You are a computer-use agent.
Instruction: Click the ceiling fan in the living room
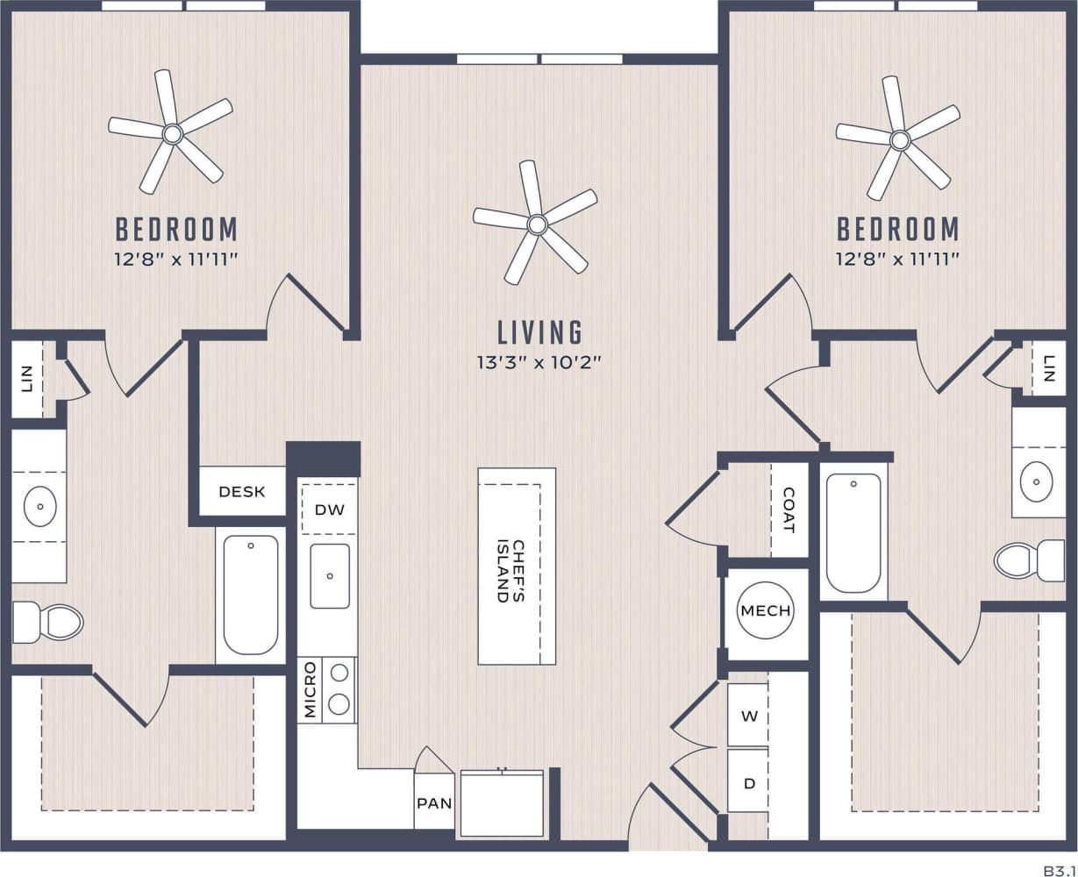click(x=537, y=225)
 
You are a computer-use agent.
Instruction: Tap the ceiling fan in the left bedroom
click(x=172, y=133)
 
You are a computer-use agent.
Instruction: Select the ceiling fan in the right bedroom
click(x=900, y=139)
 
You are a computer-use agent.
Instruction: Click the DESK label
click(x=242, y=492)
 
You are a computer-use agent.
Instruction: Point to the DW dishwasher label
click(x=329, y=510)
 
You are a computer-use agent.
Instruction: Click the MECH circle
click(x=765, y=611)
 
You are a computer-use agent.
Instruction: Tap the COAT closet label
click(x=789, y=510)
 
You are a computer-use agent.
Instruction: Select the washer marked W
click(x=748, y=716)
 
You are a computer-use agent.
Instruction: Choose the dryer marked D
click(x=748, y=782)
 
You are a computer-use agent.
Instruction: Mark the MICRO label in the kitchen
click(x=310, y=691)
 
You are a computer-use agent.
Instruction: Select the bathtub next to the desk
click(x=251, y=595)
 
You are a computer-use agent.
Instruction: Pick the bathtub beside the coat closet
click(x=853, y=533)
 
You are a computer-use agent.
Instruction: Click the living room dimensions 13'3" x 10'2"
click(x=539, y=361)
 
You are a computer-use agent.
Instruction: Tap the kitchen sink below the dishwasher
click(x=330, y=575)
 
